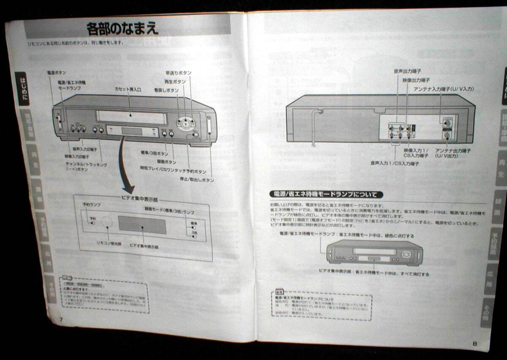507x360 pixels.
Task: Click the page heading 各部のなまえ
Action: tap(123, 29)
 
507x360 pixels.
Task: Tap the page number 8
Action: tap(474, 344)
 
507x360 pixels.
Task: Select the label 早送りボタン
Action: tap(178, 73)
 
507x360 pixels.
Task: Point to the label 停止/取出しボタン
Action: tap(196, 180)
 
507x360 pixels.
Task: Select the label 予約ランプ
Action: tap(91, 205)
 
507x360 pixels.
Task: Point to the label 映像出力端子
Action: tap(416, 79)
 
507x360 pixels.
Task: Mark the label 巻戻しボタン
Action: tap(166, 90)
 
